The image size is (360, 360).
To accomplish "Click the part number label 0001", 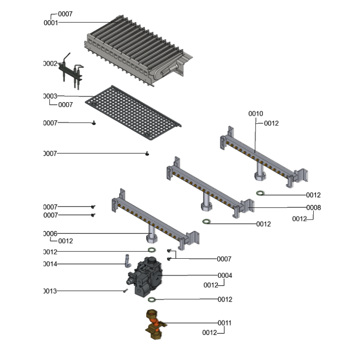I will tap(51, 22).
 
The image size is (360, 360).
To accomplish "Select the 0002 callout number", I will tap(50, 64).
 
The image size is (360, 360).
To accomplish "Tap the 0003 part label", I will tap(50, 96).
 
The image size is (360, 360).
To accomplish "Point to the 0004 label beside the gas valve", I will tap(225, 275).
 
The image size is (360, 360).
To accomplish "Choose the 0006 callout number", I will tap(50, 234).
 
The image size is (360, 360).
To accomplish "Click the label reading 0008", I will tap(314, 208).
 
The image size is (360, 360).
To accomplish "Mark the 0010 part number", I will tap(256, 114).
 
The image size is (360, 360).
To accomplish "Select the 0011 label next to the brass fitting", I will tap(225, 323).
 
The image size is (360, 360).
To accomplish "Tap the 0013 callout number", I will tap(50, 291).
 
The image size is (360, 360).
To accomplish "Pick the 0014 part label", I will tap(50, 264).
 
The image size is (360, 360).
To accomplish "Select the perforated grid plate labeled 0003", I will tap(135, 112).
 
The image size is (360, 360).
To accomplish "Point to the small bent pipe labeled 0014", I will tap(127, 262).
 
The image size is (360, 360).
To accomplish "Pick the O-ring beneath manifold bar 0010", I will tap(261, 193).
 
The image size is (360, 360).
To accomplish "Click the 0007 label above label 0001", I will tap(65, 14).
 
